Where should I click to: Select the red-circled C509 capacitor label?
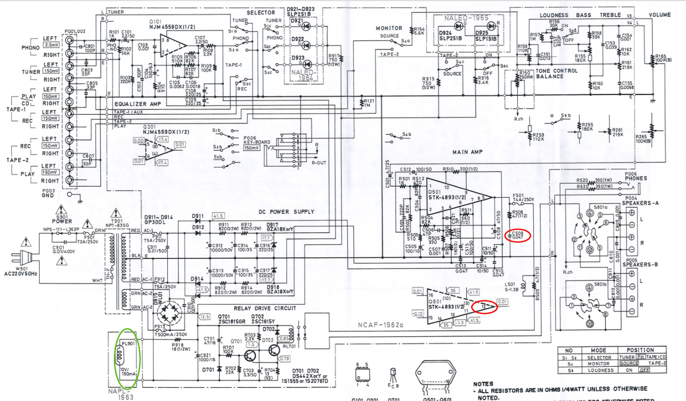click(518, 235)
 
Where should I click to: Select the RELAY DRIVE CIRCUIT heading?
click(258, 309)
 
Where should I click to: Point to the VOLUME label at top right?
click(660, 15)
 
